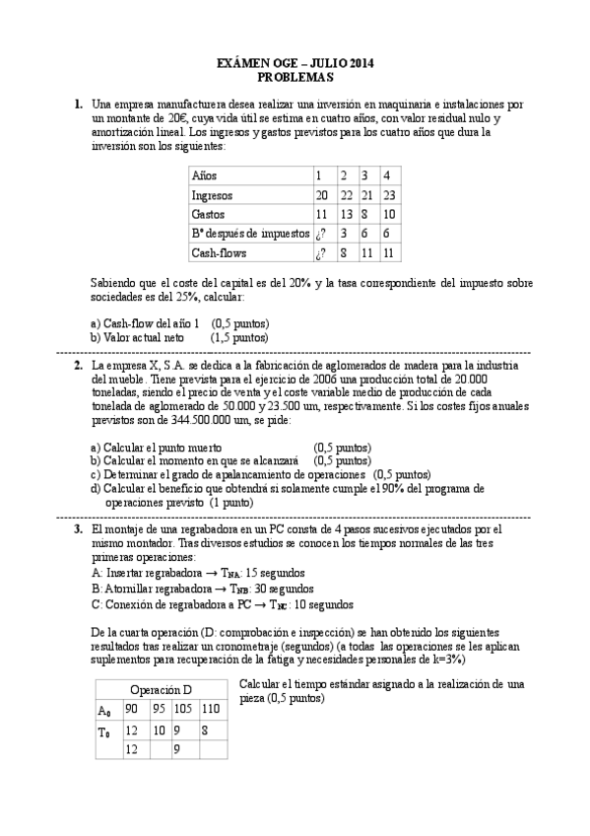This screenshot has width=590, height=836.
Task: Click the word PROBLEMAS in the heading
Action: (x=295, y=76)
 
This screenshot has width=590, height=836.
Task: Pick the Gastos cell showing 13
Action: (x=344, y=214)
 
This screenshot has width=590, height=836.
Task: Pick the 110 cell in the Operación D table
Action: (x=210, y=709)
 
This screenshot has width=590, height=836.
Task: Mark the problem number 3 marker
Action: (x=78, y=529)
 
